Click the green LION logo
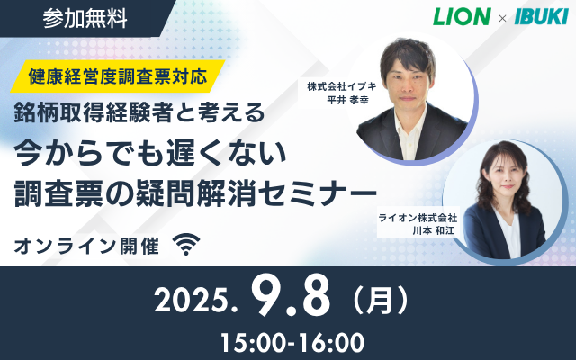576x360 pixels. pyautogui.click(x=462, y=16)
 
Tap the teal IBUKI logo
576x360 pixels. pyautogui.click(x=542, y=16)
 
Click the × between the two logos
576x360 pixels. pyautogui.click(x=502, y=18)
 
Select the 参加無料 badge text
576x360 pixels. pyautogui.click(x=85, y=18)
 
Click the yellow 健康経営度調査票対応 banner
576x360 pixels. pyautogui.click(x=118, y=76)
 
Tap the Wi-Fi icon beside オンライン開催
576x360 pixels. pyautogui.click(x=186, y=244)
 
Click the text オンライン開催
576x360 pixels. pyautogui.click(x=86, y=246)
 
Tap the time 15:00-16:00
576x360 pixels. pyautogui.click(x=292, y=343)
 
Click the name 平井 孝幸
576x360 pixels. pyautogui.click(x=347, y=100)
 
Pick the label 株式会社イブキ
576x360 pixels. pyautogui.click(x=342, y=86)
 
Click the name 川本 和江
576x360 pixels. pyautogui.click(x=434, y=230)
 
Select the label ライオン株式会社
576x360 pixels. pyautogui.click(x=418, y=218)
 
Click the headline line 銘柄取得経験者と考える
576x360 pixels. pyautogui.click(x=139, y=112)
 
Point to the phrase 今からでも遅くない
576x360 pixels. pyautogui.click(x=150, y=153)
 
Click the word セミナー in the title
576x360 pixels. pyautogui.click(x=320, y=193)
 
